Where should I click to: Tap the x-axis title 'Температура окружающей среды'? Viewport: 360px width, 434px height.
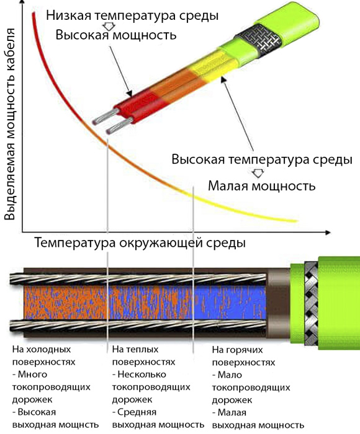point(140,243)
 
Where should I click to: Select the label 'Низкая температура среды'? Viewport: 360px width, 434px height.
point(132,15)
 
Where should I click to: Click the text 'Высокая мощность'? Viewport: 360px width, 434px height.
point(116,35)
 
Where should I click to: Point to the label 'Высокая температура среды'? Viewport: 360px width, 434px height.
point(262,160)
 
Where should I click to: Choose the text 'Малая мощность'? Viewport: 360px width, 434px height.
point(261,186)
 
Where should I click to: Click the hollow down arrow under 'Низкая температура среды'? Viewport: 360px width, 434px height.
point(109,27)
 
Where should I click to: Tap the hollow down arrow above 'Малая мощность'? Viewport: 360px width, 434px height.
point(258,173)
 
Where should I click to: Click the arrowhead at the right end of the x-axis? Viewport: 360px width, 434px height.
point(327,232)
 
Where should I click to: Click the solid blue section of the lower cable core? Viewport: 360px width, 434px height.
point(230,303)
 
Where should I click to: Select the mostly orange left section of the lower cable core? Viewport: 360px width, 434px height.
point(65,303)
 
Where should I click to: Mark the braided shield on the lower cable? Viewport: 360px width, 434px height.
point(311,303)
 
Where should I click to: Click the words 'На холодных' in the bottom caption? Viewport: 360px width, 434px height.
point(42,349)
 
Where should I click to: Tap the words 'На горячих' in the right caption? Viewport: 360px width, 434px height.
point(238,350)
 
